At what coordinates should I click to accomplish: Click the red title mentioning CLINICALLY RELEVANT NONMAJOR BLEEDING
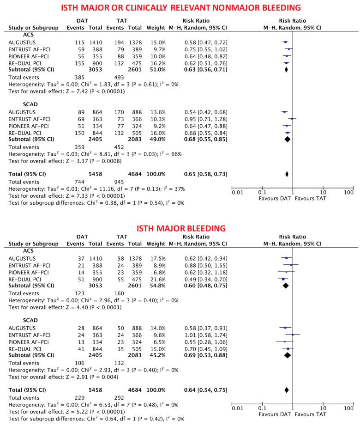180,7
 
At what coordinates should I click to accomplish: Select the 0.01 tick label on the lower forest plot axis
237,408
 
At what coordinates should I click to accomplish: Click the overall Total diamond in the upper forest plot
287,174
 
